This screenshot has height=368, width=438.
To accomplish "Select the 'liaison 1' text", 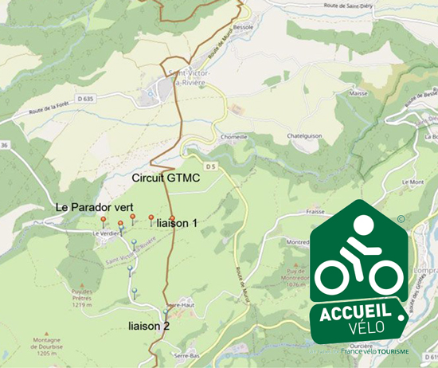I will click(x=177, y=224).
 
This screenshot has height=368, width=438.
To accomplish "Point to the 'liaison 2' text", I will click(x=149, y=326).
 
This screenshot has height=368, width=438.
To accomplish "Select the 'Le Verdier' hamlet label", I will click(x=104, y=233).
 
